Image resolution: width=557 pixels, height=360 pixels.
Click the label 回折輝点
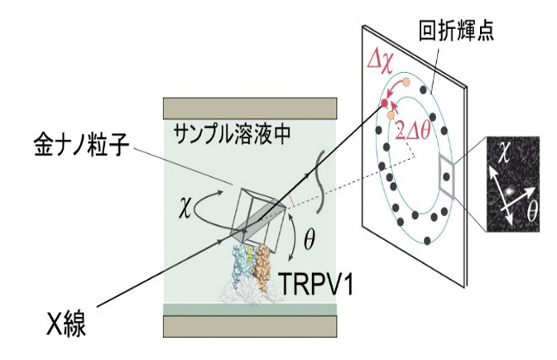[x=456, y=31]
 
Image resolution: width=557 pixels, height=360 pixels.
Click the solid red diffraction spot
[x=384, y=103]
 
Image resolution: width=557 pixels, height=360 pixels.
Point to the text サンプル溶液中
[x=232, y=134]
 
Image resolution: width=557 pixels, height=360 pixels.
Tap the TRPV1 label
[x=316, y=284]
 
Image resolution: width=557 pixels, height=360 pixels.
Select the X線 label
[x=66, y=324]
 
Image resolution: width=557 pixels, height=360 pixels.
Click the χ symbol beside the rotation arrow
[x=185, y=209]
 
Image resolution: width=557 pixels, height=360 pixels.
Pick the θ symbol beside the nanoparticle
[x=309, y=241]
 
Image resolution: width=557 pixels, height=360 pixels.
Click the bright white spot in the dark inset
[x=509, y=191]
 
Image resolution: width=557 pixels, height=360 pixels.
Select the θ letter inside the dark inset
[x=532, y=211]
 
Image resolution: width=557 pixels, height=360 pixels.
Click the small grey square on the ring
[x=447, y=175]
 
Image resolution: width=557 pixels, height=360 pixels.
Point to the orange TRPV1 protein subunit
[x=262, y=266]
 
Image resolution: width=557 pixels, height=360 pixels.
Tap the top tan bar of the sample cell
[x=250, y=108]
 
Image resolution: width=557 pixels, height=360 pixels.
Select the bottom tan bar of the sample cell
[x=250, y=326]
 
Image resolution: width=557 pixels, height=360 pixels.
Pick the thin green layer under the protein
[x=250, y=310]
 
